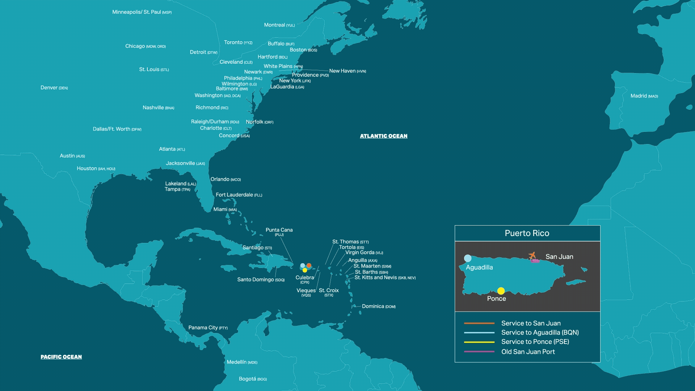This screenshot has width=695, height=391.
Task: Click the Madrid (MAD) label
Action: click(x=644, y=96)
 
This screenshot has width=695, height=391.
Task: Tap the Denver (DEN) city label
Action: click(x=54, y=88)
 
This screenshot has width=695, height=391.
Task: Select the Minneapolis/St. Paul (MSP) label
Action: click(x=142, y=12)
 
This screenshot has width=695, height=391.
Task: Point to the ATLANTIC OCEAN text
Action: click(x=383, y=136)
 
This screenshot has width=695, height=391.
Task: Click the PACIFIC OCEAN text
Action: click(x=61, y=357)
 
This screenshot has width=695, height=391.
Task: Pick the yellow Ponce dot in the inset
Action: click(x=501, y=291)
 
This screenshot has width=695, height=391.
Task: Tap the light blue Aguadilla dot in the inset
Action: click(x=468, y=258)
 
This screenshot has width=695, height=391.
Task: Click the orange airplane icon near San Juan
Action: click(x=532, y=256)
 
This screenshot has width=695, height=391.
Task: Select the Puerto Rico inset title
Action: click(x=527, y=233)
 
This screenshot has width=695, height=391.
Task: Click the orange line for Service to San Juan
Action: click(x=479, y=323)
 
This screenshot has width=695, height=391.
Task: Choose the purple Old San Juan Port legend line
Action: click(x=479, y=352)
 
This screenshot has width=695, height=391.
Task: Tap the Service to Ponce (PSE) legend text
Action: click(x=535, y=342)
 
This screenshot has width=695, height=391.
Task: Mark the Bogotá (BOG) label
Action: click(x=253, y=379)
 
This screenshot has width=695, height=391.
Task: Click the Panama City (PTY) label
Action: click(x=208, y=328)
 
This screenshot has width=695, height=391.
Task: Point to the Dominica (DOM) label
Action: click(x=378, y=306)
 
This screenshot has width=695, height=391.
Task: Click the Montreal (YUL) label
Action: click(x=279, y=25)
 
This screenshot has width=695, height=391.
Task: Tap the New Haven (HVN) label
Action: click(x=347, y=71)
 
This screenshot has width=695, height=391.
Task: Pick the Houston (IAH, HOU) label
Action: click(x=96, y=168)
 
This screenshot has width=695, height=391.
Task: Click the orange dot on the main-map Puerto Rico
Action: click(x=309, y=265)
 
